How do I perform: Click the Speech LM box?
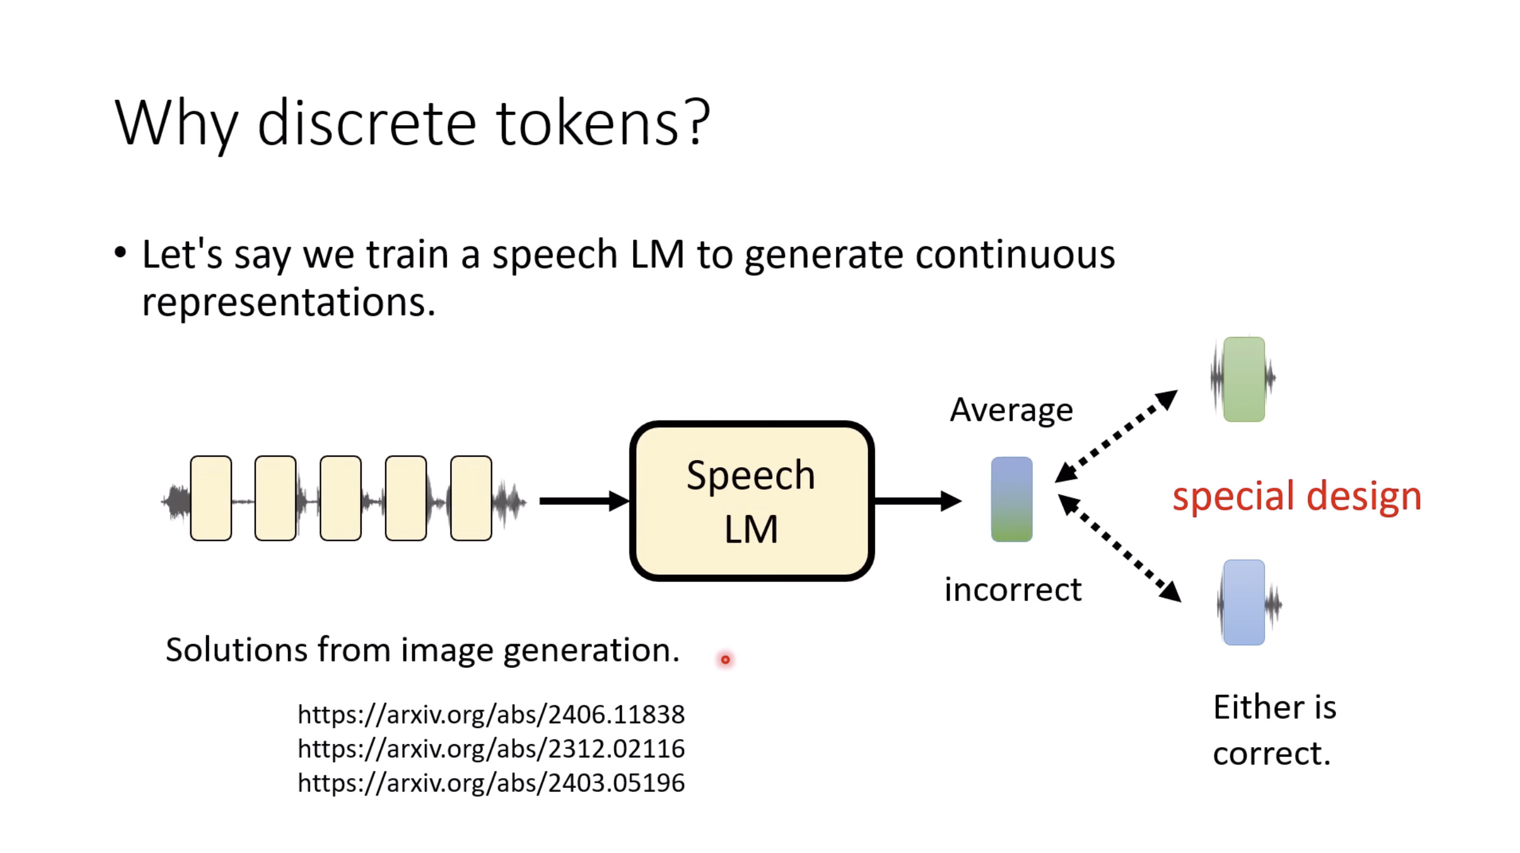pyautogui.click(x=752, y=501)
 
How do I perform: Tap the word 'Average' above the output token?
pyautogui.click(x=1011, y=411)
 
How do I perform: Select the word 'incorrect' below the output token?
pyautogui.click(x=1013, y=590)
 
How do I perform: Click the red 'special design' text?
pyautogui.click(x=1296, y=496)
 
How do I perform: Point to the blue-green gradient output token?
pyautogui.click(x=1011, y=499)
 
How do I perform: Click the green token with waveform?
pyautogui.click(x=1244, y=379)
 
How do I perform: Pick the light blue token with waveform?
pyautogui.click(x=1244, y=602)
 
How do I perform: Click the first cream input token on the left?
pyautogui.click(x=211, y=498)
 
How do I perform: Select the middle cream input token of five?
pyautogui.click(x=341, y=498)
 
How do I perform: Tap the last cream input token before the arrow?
pyautogui.click(x=471, y=498)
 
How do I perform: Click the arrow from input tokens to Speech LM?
pyautogui.click(x=583, y=501)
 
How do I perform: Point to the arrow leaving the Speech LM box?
pyautogui.click(x=917, y=501)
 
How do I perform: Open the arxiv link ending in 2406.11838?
pyautogui.click(x=491, y=714)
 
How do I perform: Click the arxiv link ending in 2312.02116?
pyautogui.click(x=491, y=749)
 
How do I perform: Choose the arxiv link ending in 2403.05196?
pyautogui.click(x=491, y=783)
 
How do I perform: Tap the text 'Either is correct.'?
pyautogui.click(x=1274, y=730)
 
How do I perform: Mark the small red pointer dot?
pyautogui.click(x=725, y=660)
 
